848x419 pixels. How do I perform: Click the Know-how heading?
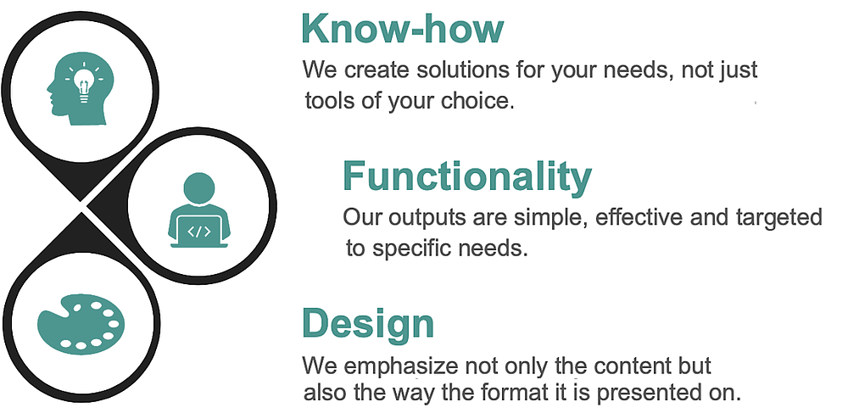(x=402, y=29)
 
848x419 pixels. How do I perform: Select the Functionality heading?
(x=467, y=176)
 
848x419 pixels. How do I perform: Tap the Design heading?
(x=368, y=324)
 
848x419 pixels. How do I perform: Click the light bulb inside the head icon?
(x=83, y=83)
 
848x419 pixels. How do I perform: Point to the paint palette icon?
(x=81, y=324)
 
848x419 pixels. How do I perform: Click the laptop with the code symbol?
(x=199, y=232)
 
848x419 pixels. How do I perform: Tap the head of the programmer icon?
(x=199, y=188)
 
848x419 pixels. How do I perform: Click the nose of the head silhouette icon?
(x=48, y=87)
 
